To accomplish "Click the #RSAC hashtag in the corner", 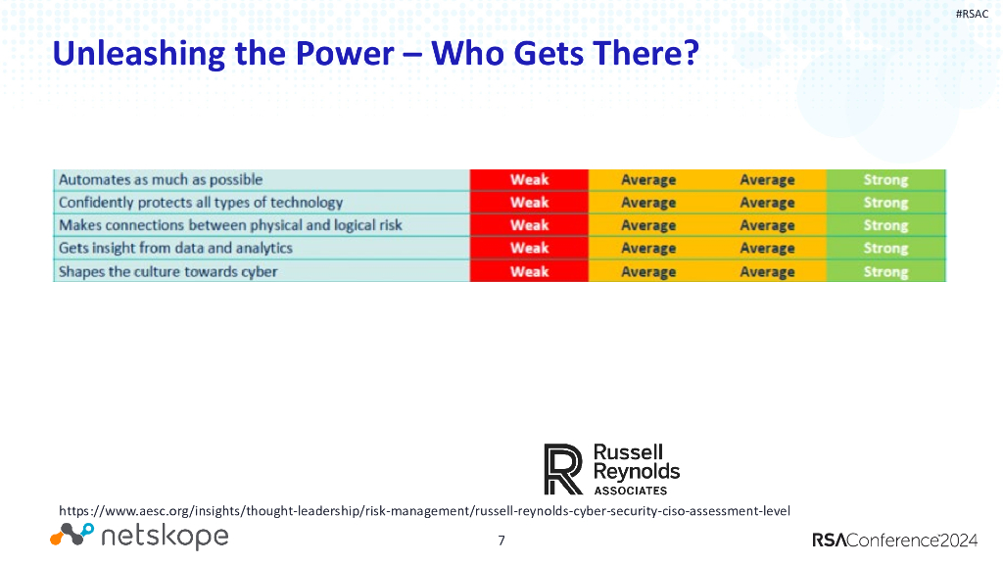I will pos(972,13).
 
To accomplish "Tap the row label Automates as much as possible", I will pos(161,180).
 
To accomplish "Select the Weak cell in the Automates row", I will pos(529,180).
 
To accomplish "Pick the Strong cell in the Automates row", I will pos(885,180).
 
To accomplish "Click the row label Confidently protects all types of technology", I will pos(201,203).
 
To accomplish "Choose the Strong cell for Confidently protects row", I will pos(885,203).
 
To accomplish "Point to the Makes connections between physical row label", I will pos(230,225).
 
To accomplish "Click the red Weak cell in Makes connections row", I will pos(529,225).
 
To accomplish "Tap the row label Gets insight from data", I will pos(175,248).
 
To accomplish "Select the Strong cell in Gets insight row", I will pos(885,248).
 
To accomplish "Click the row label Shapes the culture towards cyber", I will pos(167,271).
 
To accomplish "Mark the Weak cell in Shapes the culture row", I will pos(529,271).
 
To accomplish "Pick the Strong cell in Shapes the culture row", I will pos(885,271).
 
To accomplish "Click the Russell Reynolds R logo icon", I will pos(563,469).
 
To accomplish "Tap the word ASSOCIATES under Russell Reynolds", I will pos(631,491).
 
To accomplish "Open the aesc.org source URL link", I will pos(424,511).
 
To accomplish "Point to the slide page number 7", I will pos(501,540).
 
